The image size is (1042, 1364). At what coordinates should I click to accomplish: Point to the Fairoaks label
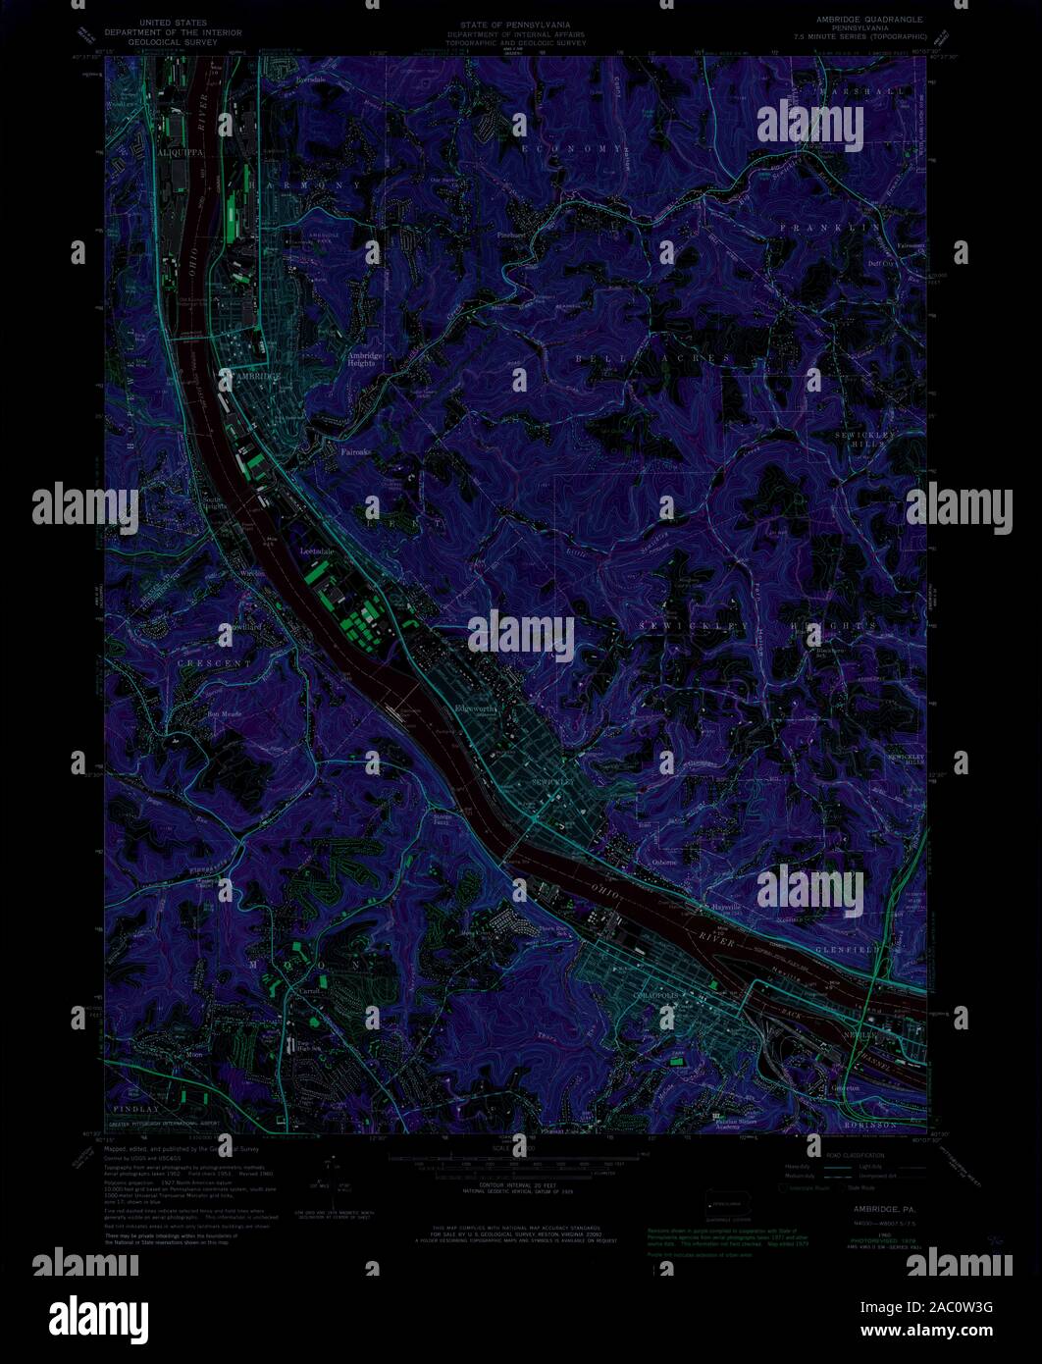(355, 452)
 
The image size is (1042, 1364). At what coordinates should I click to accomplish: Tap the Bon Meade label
(224, 713)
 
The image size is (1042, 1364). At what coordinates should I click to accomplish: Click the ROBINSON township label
(870, 1125)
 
